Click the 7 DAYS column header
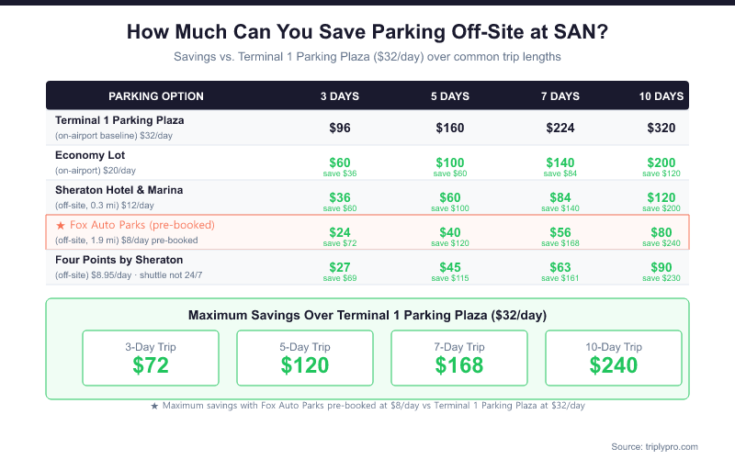click(560, 96)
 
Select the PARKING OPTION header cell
click(156, 96)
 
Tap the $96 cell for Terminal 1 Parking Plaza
click(340, 128)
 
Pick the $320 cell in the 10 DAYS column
click(661, 128)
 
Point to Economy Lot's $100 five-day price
click(450, 162)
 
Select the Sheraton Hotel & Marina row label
click(119, 190)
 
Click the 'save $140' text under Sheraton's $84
click(560, 208)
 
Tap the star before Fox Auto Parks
click(61, 225)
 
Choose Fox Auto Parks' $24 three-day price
click(340, 232)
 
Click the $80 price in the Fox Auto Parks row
click(661, 232)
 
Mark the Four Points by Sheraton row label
click(119, 260)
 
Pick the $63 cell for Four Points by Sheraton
click(560, 267)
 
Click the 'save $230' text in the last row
click(661, 278)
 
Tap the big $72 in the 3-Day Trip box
click(151, 365)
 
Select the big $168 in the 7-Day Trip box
click(459, 365)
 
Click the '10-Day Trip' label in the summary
click(614, 347)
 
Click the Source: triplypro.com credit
click(654, 446)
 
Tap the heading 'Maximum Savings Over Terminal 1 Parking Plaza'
click(367, 315)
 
